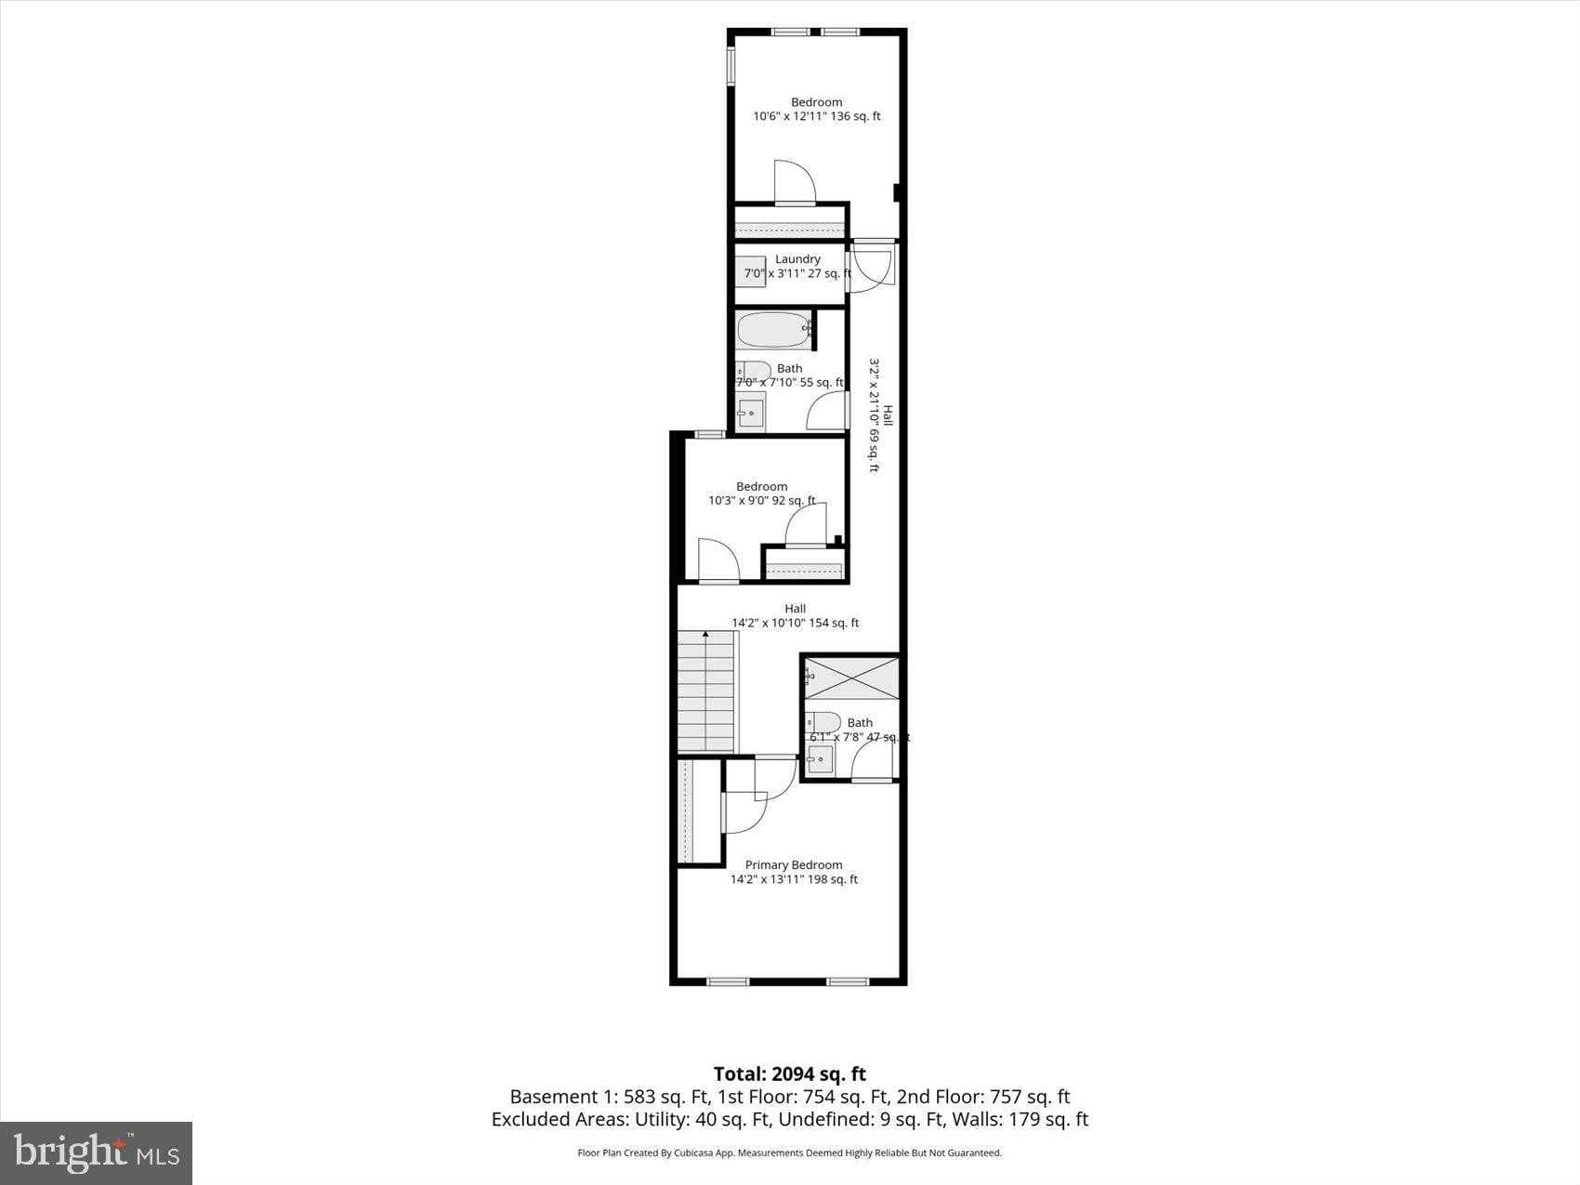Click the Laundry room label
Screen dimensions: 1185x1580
point(797,259)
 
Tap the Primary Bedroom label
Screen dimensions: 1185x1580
point(794,865)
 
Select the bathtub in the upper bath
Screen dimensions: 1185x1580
point(773,328)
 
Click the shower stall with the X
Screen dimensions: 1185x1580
point(851,678)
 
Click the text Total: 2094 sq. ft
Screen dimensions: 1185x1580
point(789,1074)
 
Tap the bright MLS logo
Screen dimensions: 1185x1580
point(97,1152)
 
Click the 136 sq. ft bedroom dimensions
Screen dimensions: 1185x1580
point(816,117)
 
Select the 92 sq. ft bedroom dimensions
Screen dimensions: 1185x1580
point(761,501)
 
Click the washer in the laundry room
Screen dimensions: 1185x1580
point(751,272)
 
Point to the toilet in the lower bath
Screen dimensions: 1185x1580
point(823,722)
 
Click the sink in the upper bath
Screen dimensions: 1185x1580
point(751,412)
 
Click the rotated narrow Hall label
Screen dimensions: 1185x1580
point(887,415)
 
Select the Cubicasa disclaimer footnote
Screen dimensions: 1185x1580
point(789,1153)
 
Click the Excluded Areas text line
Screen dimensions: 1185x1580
point(789,1120)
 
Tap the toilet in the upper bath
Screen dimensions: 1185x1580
point(754,371)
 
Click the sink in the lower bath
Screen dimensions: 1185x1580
point(820,760)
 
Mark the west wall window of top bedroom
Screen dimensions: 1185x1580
point(731,65)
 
